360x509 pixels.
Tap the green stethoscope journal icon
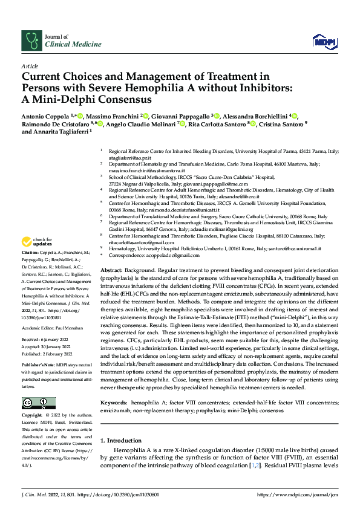point(31,41)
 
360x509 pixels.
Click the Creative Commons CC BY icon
point(38,403)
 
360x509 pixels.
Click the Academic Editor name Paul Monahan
point(74,312)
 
